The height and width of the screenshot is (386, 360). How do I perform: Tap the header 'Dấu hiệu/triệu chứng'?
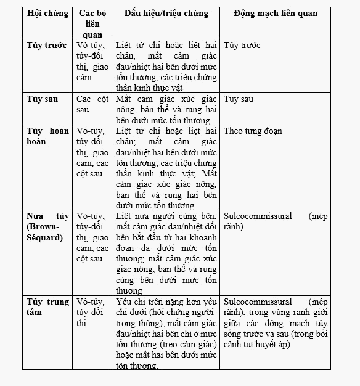pos(166,14)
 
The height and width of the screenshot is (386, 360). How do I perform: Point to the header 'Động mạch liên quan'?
pos(276,14)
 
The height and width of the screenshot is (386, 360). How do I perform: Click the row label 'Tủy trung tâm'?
pos(48,306)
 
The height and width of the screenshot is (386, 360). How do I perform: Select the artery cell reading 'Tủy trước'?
pos(242,46)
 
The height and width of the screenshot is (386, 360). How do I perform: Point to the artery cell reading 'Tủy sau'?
pos(239,99)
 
